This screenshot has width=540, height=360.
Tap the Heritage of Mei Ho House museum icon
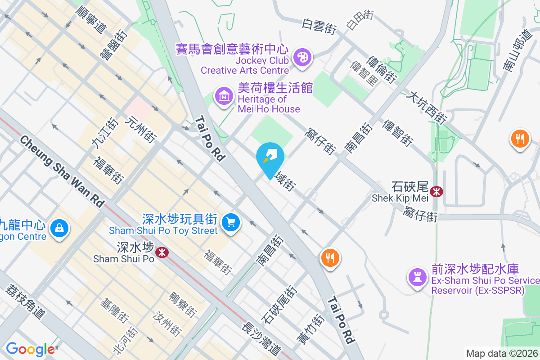pos(224,95)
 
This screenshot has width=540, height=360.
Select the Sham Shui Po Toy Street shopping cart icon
pos(231,222)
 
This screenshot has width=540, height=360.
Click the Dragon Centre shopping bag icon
pos(59,228)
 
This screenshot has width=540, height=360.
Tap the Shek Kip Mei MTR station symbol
pos(436,192)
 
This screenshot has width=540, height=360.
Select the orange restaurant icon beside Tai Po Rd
pos(330,258)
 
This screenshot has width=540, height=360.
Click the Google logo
pos(30,349)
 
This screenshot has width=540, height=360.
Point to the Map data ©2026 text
pos(502,353)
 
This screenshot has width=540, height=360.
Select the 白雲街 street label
pos(319,26)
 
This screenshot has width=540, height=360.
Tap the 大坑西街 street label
pos(426,108)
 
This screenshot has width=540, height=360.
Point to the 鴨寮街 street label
pos(183,304)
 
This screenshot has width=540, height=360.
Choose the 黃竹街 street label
pos(310,329)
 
